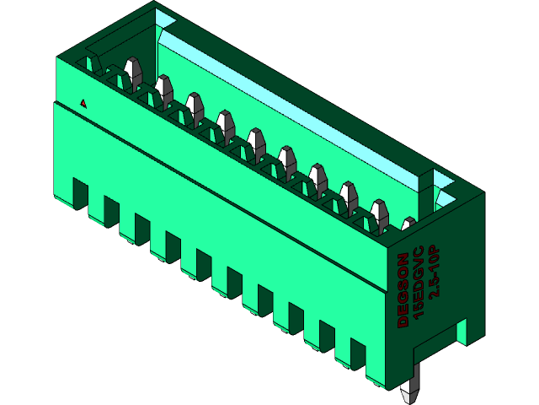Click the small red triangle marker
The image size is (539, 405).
click(83, 103)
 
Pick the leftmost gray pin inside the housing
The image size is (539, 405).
click(131, 71)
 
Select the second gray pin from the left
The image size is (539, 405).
click(163, 88)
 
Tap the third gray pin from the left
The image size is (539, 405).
click(195, 106)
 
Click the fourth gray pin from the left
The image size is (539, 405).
click(225, 124)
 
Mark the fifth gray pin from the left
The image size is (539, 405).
click(256, 142)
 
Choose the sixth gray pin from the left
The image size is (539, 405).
click(286, 159)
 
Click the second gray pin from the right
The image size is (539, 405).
click(379, 213)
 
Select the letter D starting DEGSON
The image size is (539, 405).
click(403, 321)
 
